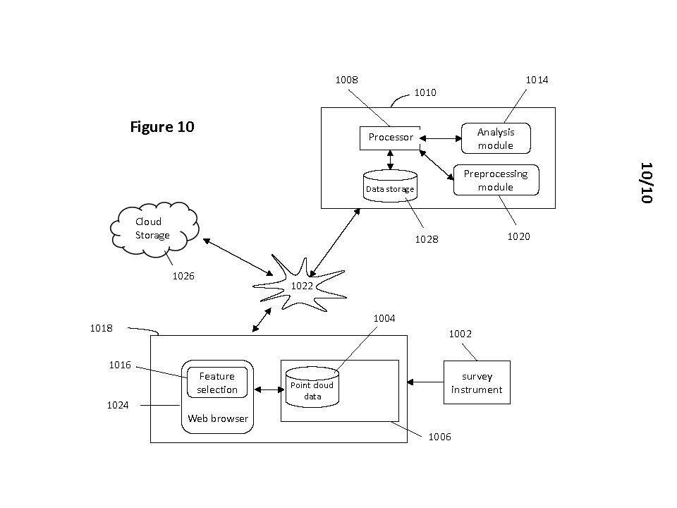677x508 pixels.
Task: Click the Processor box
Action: (x=390, y=138)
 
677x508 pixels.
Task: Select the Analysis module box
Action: (x=495, y=139)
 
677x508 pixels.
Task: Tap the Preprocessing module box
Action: (x=495, y=181)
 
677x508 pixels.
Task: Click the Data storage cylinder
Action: (x=390, y=187)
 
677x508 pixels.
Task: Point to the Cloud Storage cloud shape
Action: (x=153, y=228)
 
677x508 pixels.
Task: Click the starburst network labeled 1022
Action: (x=302, y=286)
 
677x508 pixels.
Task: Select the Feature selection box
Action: (x=217, y=383)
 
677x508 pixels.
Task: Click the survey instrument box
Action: (x=477, y=382)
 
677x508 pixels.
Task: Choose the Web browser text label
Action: (x=217, y=418)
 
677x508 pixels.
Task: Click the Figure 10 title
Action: (x=162, y=127)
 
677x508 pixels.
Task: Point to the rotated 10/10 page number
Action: (x=646, y=183)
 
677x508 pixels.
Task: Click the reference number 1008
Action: (x=346, y=80)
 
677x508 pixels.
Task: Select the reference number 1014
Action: (x=537, y=80)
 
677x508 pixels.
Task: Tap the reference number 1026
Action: (x=183, y=276)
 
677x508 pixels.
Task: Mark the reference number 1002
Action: (x=461, y=334)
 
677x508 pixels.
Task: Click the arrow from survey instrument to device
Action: (x=425, y=382)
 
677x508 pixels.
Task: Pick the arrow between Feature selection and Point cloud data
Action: (x=268, y=389)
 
